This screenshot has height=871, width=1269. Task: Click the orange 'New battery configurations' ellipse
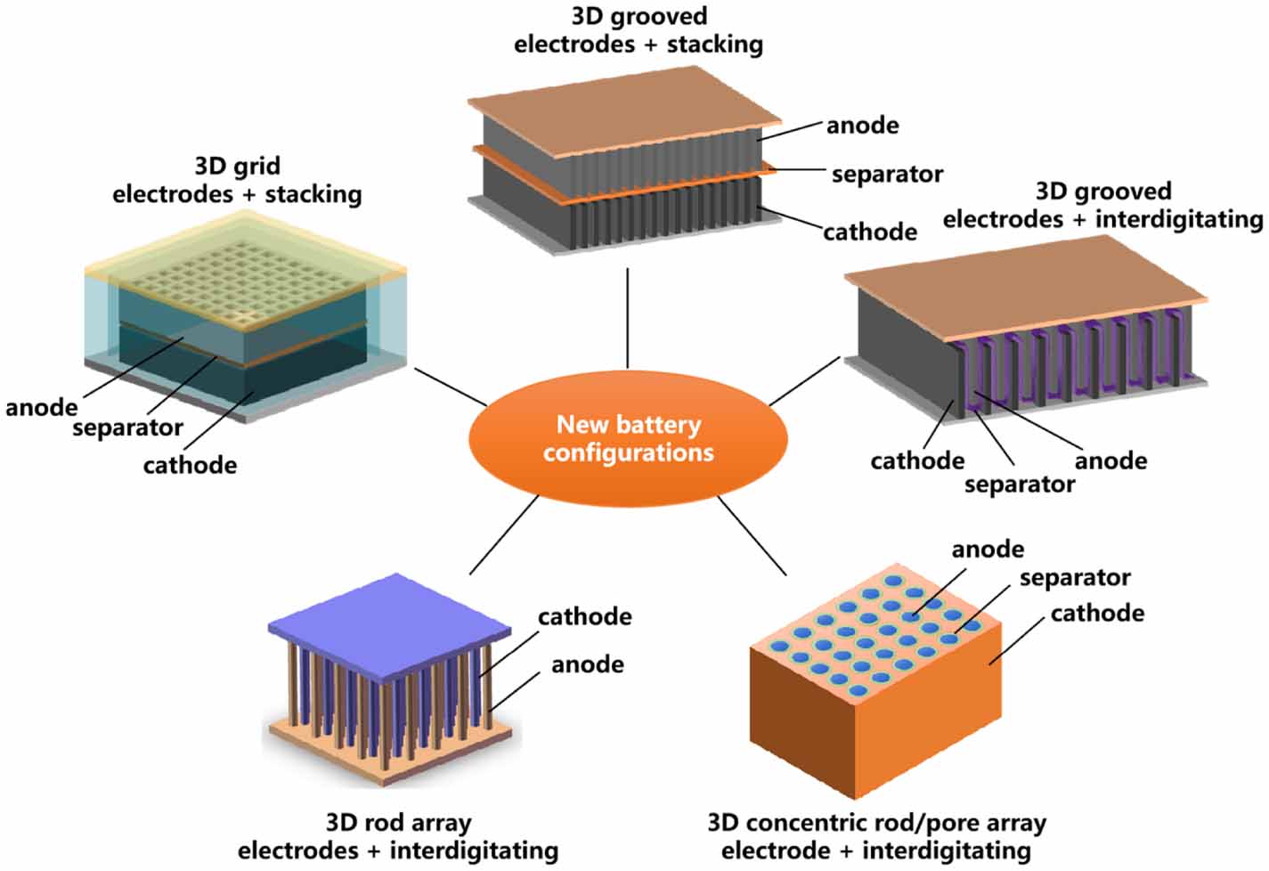[x=628, y=438]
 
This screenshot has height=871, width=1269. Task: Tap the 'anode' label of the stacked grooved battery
[x=862, y=126]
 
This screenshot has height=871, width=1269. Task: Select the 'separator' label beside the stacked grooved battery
[x=887, y=174]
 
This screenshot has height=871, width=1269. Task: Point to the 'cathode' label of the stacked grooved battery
[x=869, y=232]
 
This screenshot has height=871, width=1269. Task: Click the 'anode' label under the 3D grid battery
[x=41, y=408]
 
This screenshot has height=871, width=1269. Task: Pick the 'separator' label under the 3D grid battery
[x=127, y=428]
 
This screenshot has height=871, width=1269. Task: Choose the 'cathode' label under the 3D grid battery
[x=190, y=465]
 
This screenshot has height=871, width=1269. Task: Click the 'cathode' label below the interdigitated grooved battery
[x=916, y=460]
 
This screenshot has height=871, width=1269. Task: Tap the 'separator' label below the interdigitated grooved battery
[x=1019, y=484]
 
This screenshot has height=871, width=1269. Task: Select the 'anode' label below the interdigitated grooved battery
[x=1110, y=460]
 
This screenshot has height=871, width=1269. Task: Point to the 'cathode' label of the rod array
[x=584, y=616]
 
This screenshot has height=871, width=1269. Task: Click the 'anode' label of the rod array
[x=587, y=664]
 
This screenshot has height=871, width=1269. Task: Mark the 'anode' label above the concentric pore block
[x=988, y=549]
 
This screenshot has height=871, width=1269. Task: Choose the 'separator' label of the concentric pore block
[x=1075, y=578]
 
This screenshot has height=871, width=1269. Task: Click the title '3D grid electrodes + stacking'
[x=237, y=180]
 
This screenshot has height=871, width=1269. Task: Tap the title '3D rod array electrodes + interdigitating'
[x=398, y=836]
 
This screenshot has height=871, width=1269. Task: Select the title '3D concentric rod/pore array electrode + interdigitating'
[x=876, y=836]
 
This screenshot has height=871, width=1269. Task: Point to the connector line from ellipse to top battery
[x=628, y=317]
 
